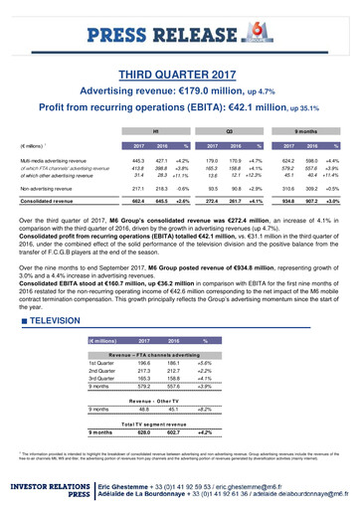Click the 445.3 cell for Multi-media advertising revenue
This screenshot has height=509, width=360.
(138, 159)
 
